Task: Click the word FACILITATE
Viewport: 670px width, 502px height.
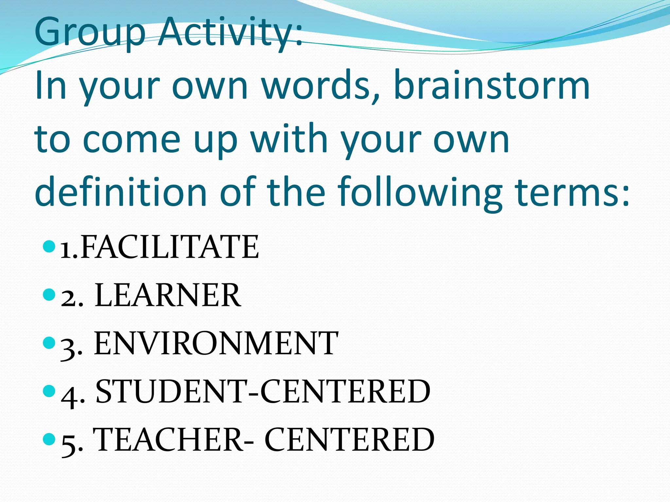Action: (x=169, y=247)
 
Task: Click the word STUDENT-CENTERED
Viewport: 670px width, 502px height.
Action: (x=263, y=391)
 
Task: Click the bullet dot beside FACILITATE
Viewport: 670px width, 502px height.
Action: (x=49, y=246)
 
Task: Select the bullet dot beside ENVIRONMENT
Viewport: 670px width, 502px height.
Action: (x=49, y=342)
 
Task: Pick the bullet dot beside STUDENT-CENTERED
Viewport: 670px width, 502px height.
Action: (x=49, y=391)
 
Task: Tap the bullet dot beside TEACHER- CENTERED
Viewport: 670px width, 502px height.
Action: (x=49, y=439)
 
